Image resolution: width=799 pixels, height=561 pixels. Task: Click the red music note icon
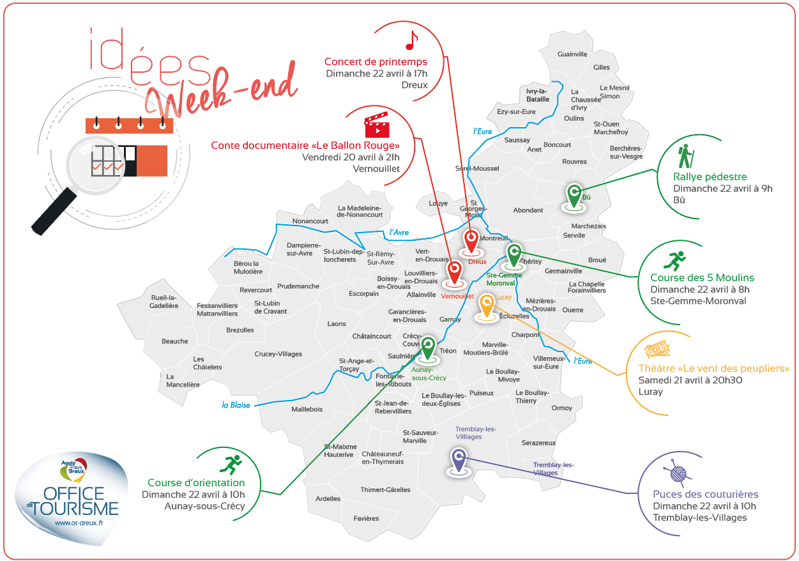pyautogui.click(x=411, y=40)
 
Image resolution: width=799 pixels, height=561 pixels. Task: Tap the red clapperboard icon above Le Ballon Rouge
pyautogui.click(x=376, y=127)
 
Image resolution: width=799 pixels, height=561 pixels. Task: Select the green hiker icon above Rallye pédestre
pyautogui.click(x=685, y=156)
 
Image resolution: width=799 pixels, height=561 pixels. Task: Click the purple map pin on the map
pyautogui.click(x=457, y=460)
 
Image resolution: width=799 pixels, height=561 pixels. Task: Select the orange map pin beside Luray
pyautogui.click(x=487, y=306)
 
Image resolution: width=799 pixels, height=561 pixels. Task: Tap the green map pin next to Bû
pyautogui.click(x=574, y=194)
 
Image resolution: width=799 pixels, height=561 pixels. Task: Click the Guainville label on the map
pyautogui.click(x=572, y=54)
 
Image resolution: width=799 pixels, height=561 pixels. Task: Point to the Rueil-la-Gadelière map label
pyautogui.click(x=164, y=302)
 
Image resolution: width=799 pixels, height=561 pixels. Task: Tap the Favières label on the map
pyautogui.click(x=366, y=519)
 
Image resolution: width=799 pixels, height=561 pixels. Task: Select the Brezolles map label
pyautogui.click(x=240, y=330)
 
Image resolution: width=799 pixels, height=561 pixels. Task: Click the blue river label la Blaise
pyautogui.click(x=236, y=404)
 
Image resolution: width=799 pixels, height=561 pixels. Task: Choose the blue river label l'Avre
pyautogui.click(x=399, y=233)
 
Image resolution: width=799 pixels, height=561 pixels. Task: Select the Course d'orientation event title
pyautogui.click(x=196, y=483)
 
